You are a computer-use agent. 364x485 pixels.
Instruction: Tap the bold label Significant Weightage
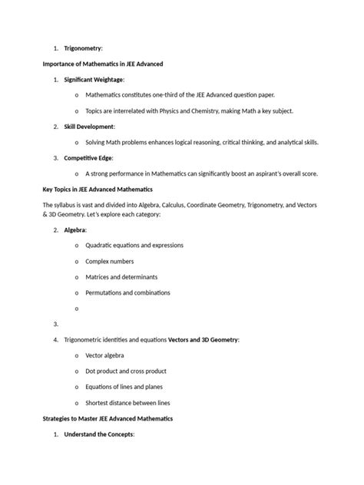click(94, 79)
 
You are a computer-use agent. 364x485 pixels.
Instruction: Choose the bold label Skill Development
click(89, 126)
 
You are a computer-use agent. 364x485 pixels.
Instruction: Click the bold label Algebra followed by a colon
click(75, 229)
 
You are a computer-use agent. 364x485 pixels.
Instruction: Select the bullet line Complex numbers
click(110, 261)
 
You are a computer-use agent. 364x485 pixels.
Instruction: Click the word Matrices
click(99, 277)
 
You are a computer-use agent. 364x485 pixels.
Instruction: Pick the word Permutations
click(108, 292)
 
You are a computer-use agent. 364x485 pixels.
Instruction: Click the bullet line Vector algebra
click(104, 355)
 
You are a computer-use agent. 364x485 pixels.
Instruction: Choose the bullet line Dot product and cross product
click(125, 371)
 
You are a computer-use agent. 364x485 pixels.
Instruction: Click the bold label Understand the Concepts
click(99, 434)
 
